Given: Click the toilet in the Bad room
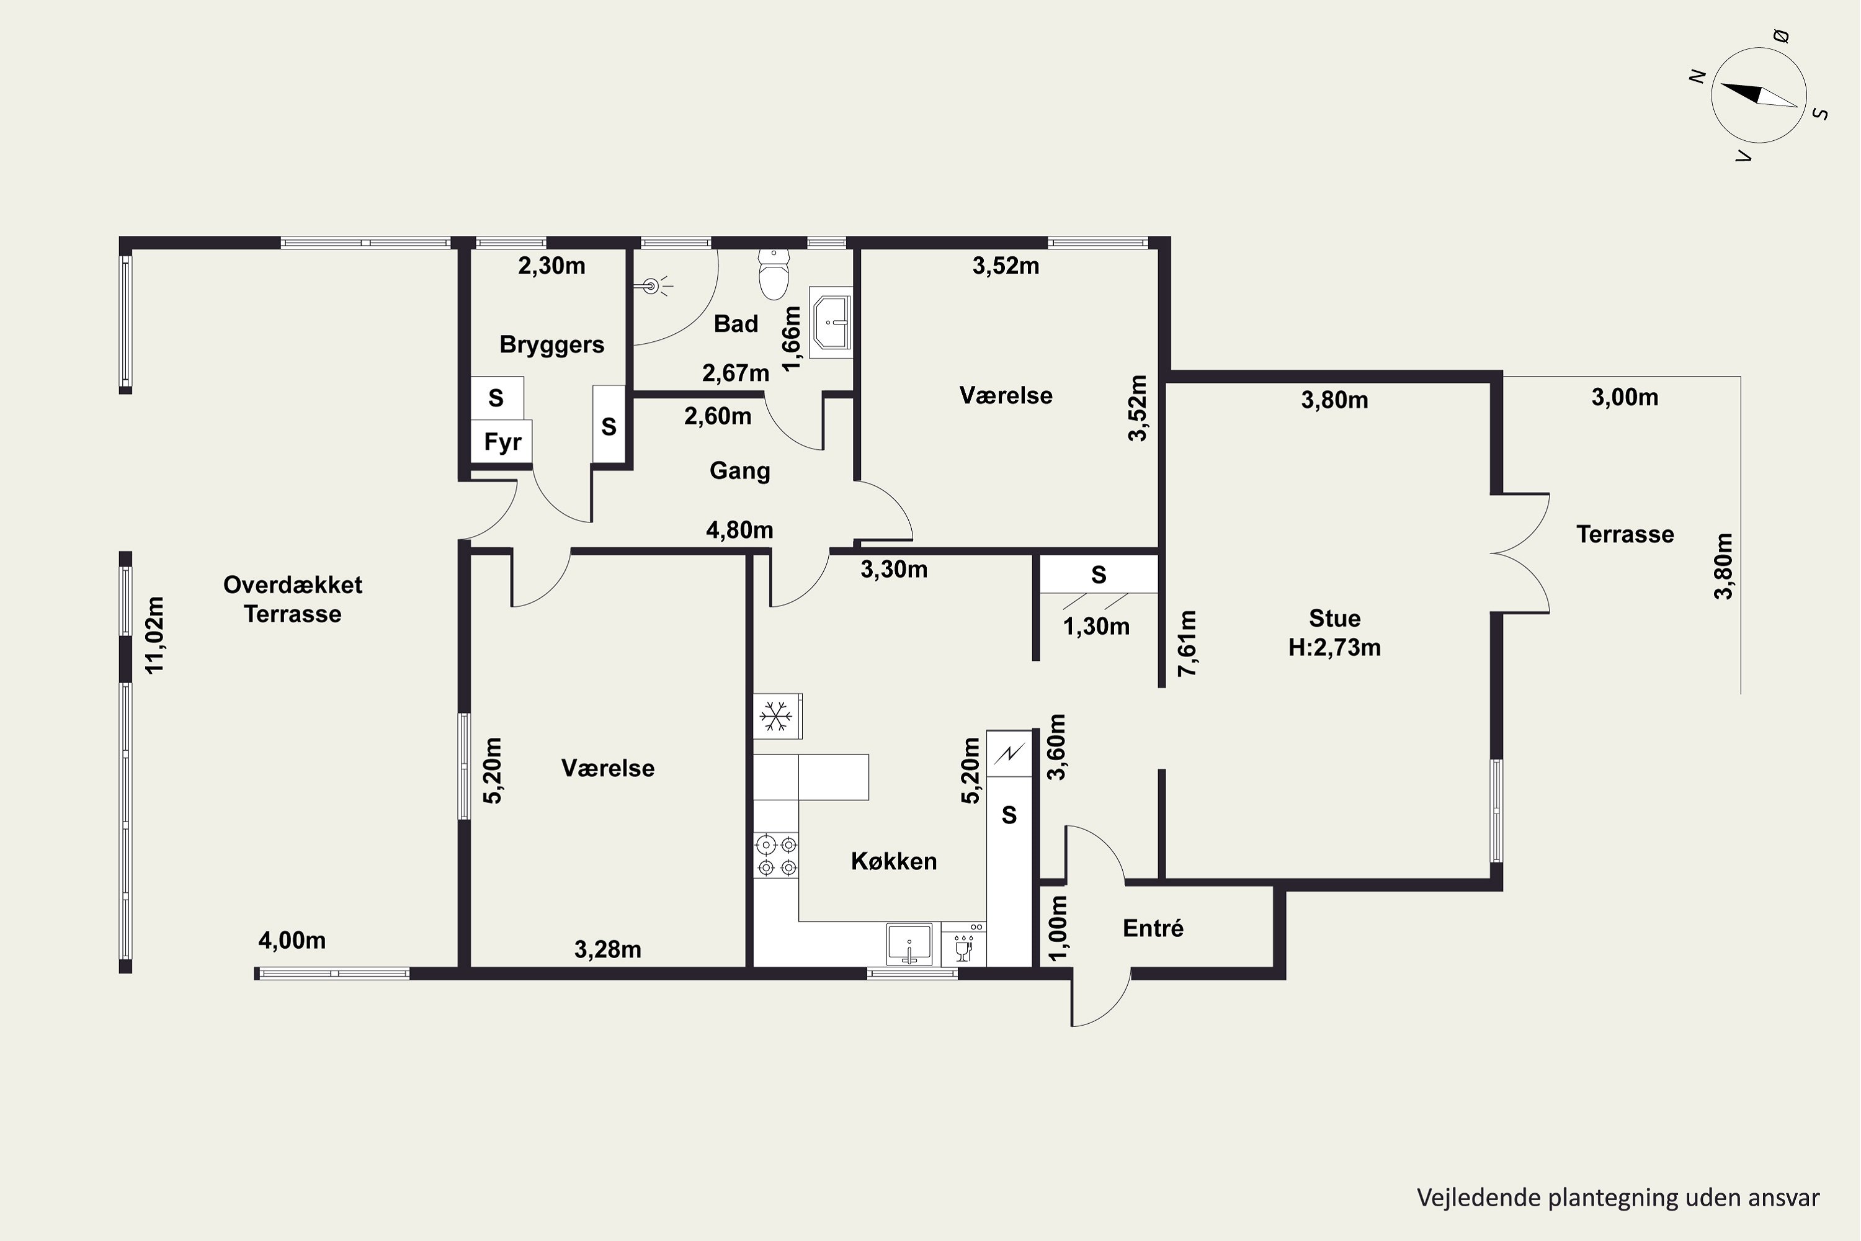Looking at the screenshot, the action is click(774, 273).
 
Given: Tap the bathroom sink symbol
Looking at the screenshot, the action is click(831, 322).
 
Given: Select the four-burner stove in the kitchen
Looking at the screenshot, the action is click(776, 856).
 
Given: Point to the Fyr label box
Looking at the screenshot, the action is click(502, 442).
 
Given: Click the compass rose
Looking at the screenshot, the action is click(1758, 96).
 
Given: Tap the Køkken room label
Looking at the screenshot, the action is click(893, 861).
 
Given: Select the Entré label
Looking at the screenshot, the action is click(1153, 928).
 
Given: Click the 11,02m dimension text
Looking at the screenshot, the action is click(154, 635).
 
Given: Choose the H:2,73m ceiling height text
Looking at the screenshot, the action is click(1334, 647).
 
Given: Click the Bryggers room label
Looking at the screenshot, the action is click(551, 345).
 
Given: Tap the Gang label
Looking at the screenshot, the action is click(740, 471).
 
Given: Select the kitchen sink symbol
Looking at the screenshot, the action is click(909, 945).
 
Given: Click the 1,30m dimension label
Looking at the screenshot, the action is click(1096, 627).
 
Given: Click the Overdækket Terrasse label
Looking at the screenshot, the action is click(293, 599).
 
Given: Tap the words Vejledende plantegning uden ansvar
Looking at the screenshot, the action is click(1618, 1198).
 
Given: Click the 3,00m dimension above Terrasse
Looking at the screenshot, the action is click(1625, 397).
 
